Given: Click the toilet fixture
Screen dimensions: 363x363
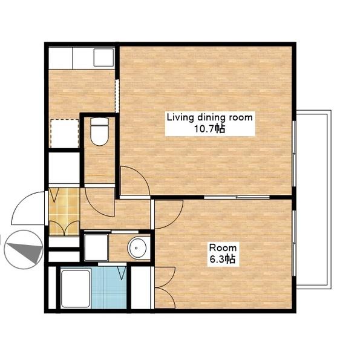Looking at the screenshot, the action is (100, 131).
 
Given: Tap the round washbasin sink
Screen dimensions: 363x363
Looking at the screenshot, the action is (137, 248).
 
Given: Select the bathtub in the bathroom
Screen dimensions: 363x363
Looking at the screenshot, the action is (76, 289).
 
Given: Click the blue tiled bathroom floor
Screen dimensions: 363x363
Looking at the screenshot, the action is (109, 288).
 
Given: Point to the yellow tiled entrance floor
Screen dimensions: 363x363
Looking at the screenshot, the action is (64, 212).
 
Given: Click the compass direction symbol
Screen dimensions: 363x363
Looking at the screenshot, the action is (24, 249).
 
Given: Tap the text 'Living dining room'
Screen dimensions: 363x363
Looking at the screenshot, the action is (210, 117).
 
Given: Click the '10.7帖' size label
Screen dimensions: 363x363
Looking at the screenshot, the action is (209, 129).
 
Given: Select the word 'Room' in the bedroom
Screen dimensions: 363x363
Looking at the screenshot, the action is (223, 247).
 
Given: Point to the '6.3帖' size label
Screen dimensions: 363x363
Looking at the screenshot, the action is (223, 259).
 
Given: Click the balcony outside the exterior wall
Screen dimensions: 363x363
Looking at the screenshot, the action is (313, 200).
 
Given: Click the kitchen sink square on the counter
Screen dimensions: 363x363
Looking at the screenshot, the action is (103, 57).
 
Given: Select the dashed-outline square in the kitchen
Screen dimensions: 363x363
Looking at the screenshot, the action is (65, 134).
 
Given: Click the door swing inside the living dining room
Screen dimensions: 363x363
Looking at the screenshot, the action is (136, 181).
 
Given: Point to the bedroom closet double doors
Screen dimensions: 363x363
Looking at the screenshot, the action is (165, 288).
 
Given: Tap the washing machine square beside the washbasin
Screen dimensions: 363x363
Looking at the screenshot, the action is (96, 247).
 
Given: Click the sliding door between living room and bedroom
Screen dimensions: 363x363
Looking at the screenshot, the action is (237, 197).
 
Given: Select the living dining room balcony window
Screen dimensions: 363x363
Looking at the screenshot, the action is (294, 154).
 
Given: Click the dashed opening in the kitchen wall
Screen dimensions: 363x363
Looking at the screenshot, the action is (117, 96).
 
